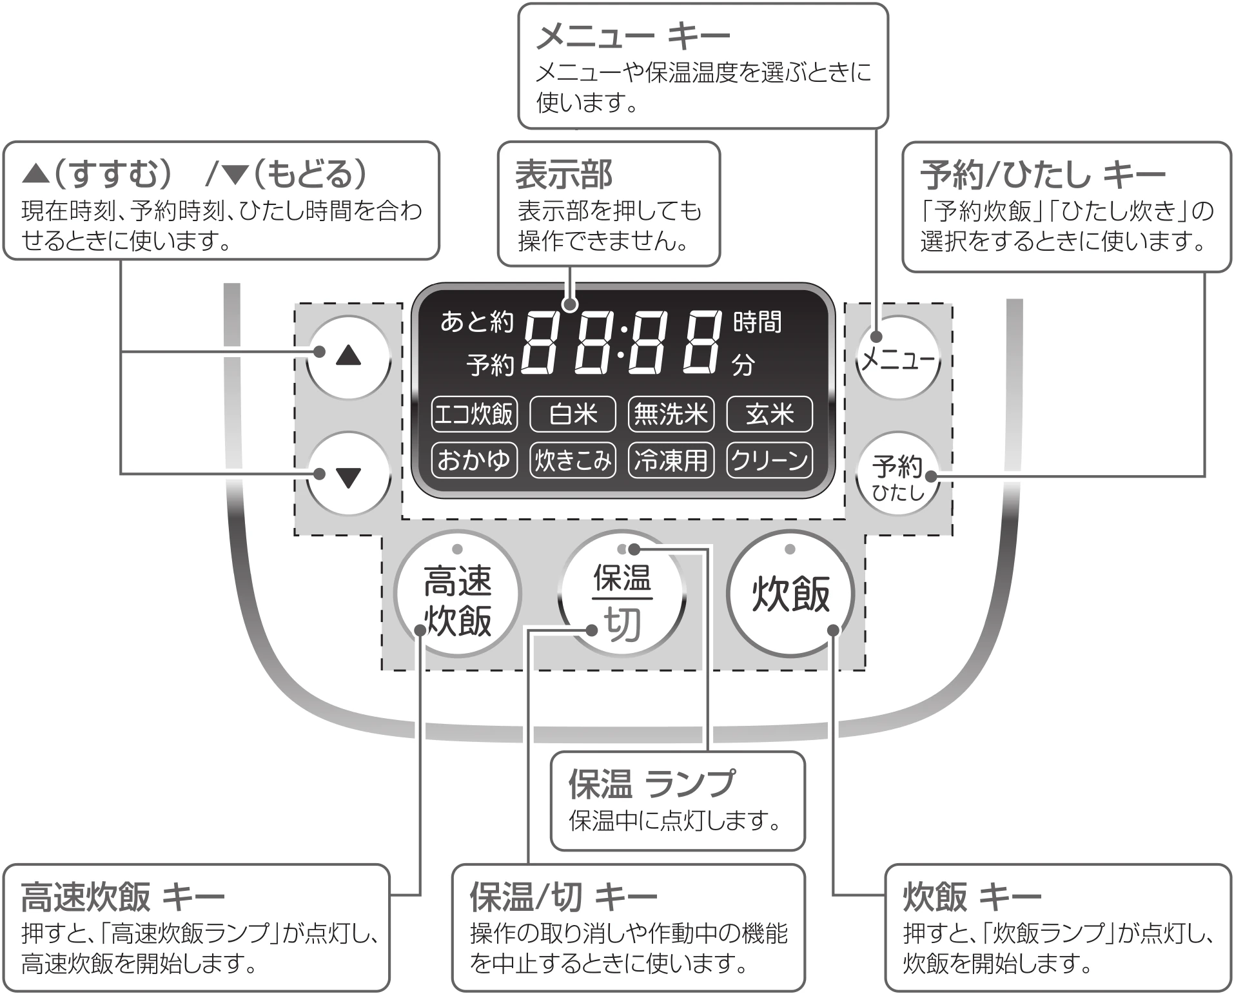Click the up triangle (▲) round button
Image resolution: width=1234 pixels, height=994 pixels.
(349, 356)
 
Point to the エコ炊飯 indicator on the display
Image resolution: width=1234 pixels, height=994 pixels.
(474, 414)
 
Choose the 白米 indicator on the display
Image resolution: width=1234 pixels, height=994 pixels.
(573, 414)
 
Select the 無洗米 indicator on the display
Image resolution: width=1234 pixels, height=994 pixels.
(671, 414)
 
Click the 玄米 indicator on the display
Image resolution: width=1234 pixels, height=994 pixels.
(769, 414)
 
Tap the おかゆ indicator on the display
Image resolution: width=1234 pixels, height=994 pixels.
(474, 460)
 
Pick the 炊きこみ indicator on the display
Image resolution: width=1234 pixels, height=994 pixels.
(573, 460)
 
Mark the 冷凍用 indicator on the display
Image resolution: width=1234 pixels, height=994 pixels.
(671, 460)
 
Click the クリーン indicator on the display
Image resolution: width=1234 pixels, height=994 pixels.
(769, 460)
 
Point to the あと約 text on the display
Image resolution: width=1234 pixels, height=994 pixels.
(476, 321)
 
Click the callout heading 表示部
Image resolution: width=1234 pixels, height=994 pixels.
(563, 175)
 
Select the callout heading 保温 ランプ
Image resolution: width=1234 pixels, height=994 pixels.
(651, 784)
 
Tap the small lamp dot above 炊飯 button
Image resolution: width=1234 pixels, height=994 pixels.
(790, 549)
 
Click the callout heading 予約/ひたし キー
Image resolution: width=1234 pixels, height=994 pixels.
(1043, 175)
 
